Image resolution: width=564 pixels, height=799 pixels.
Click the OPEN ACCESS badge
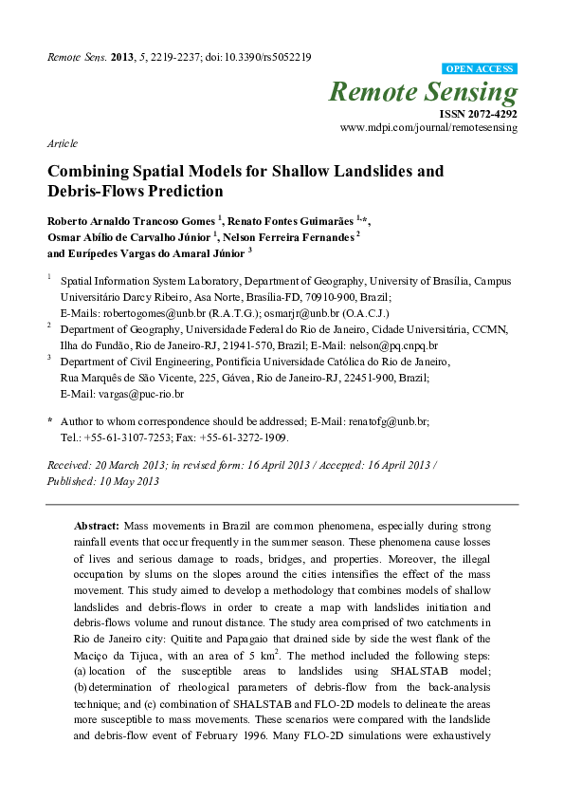point(480,69)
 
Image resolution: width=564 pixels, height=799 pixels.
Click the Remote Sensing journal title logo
point(424,92)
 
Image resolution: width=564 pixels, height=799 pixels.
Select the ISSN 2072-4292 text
point(479,112)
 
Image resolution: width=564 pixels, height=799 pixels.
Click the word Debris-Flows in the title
point(100,191)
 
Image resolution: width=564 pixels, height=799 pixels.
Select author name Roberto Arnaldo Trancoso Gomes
point(131,221)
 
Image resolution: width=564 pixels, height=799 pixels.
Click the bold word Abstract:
point(97,525)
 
